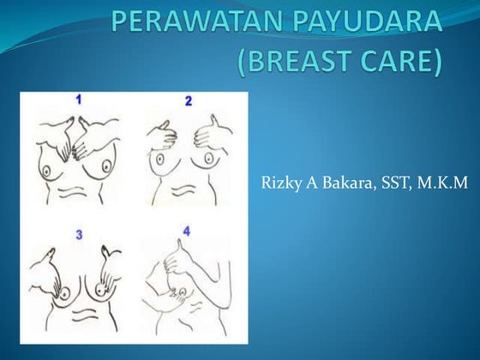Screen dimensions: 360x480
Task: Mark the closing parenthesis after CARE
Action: (444, 62)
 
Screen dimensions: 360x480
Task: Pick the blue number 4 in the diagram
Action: (186, 231)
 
